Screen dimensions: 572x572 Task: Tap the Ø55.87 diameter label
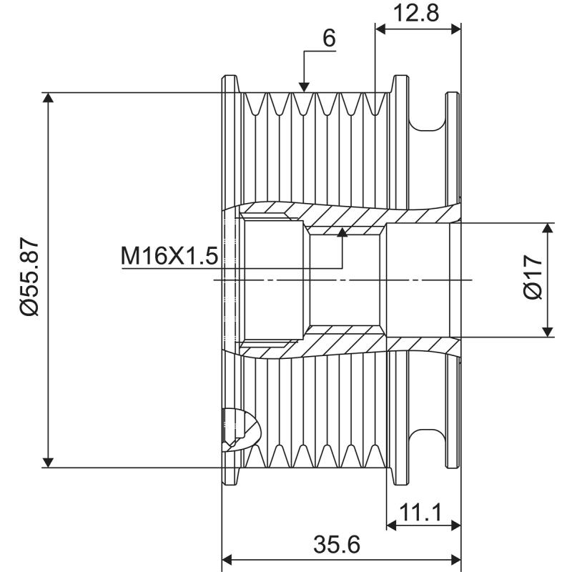point(29,279)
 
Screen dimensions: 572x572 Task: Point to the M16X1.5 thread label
point(169,255)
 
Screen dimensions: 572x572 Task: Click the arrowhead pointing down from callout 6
point(305,87)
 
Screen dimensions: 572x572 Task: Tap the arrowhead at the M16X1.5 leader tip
point(342,232)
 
